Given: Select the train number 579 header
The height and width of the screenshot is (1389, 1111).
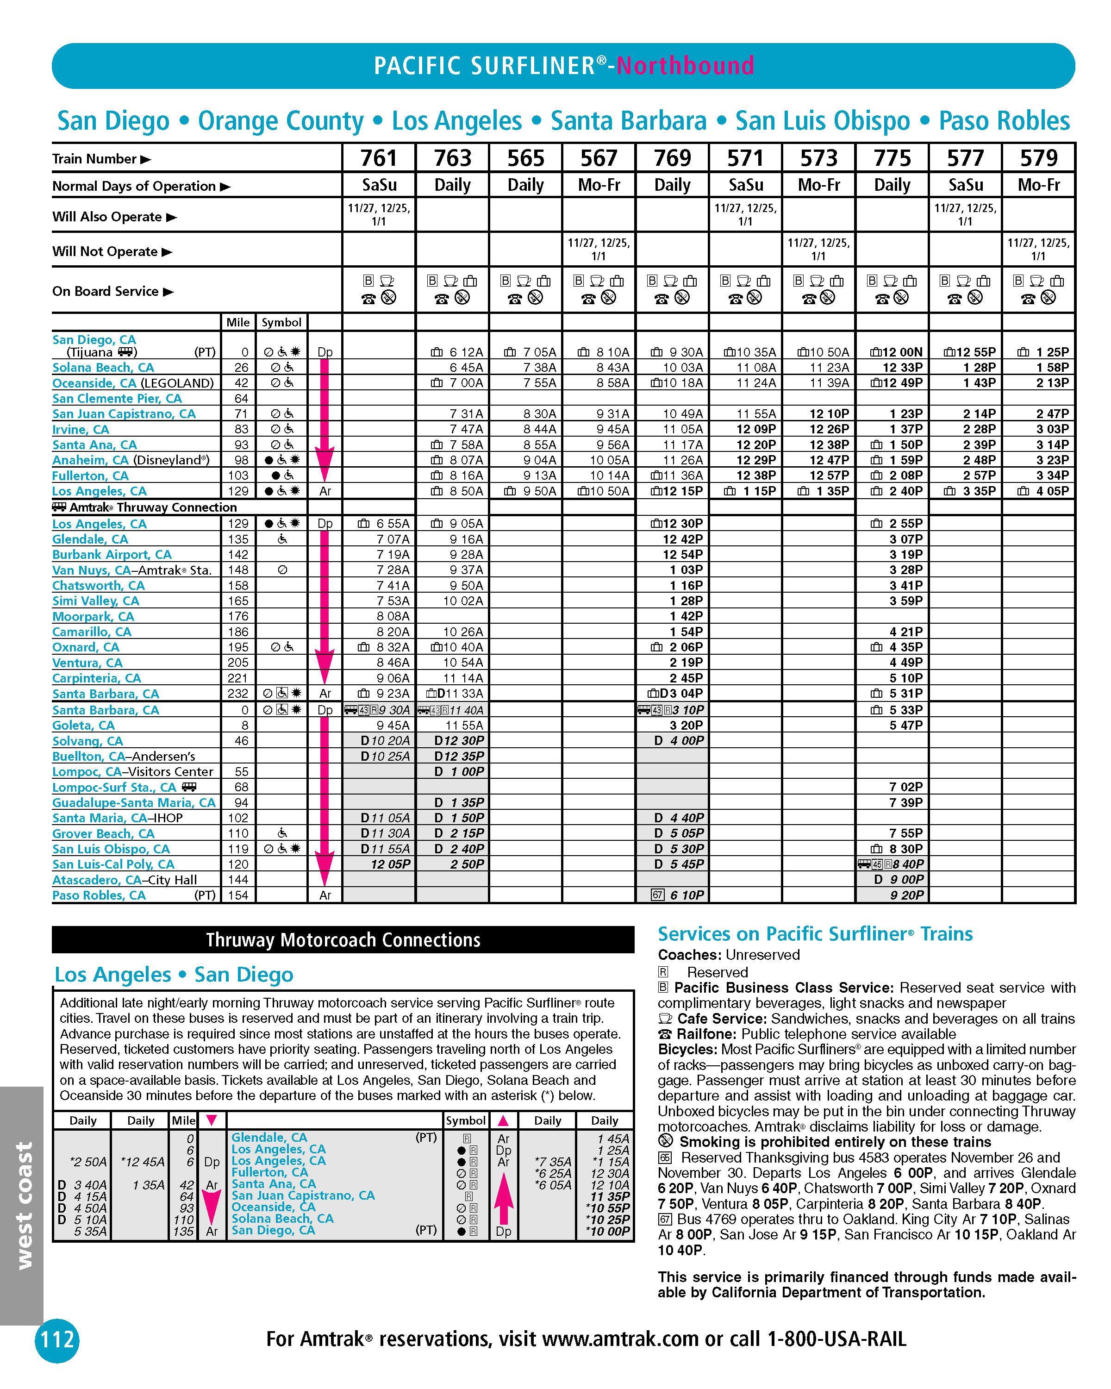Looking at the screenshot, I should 1039,158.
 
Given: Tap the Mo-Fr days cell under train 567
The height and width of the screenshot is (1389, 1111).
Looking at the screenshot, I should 599,186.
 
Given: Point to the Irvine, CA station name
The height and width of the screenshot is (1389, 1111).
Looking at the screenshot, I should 81,430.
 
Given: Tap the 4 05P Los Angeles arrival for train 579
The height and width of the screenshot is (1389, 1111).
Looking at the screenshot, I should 1050,491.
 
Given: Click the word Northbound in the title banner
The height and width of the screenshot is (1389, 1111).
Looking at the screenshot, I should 685,66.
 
